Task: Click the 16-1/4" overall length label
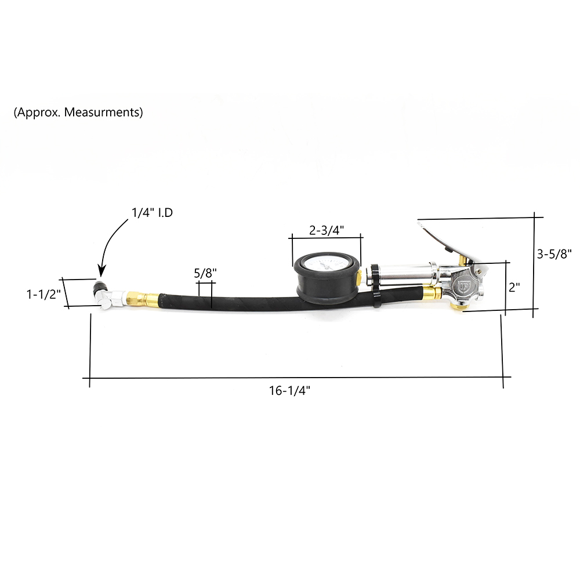tap(289, 390)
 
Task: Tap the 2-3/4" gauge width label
tap(327, 230)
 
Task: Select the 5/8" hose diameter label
tap(205, 273)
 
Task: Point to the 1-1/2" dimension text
tap(43, 294)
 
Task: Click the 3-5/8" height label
tap(554, 254)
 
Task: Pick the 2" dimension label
tap(514, 287)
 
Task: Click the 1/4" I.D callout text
tap(153, 213)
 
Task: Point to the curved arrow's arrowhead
tap(101, 271)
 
